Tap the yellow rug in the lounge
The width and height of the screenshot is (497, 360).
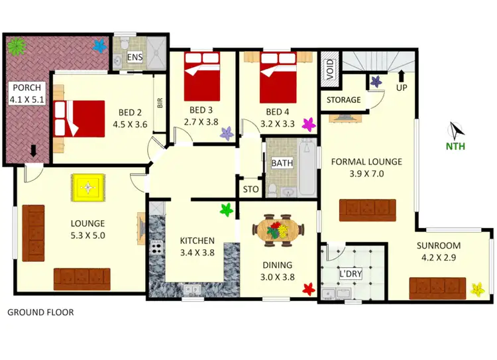(x=88, y=187)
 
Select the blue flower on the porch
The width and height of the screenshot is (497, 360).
(x=100, y=46)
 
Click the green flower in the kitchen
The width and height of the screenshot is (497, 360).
(x=227, y=211)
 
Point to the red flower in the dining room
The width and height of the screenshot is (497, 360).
(x=307, y=288)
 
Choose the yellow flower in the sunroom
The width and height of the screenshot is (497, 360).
(x=476, y=289)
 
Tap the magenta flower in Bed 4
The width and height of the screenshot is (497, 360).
(x=308, y=124)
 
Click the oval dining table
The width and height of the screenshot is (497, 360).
(x=278, y=231)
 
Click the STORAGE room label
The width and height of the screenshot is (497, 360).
(x=344, y=100)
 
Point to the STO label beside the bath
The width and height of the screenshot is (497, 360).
(x=250, y=190)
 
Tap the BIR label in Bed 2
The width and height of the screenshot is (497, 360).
(x=160, y=103)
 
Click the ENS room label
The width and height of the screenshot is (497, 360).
(x=134, y=58)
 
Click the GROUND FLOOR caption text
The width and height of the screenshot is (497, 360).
(x=40, y=312)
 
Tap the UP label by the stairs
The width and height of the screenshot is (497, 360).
(x=402, y=87)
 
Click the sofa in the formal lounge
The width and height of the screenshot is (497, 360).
(x=368, y=210)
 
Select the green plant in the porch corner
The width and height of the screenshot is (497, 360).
(x=15, y=46)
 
